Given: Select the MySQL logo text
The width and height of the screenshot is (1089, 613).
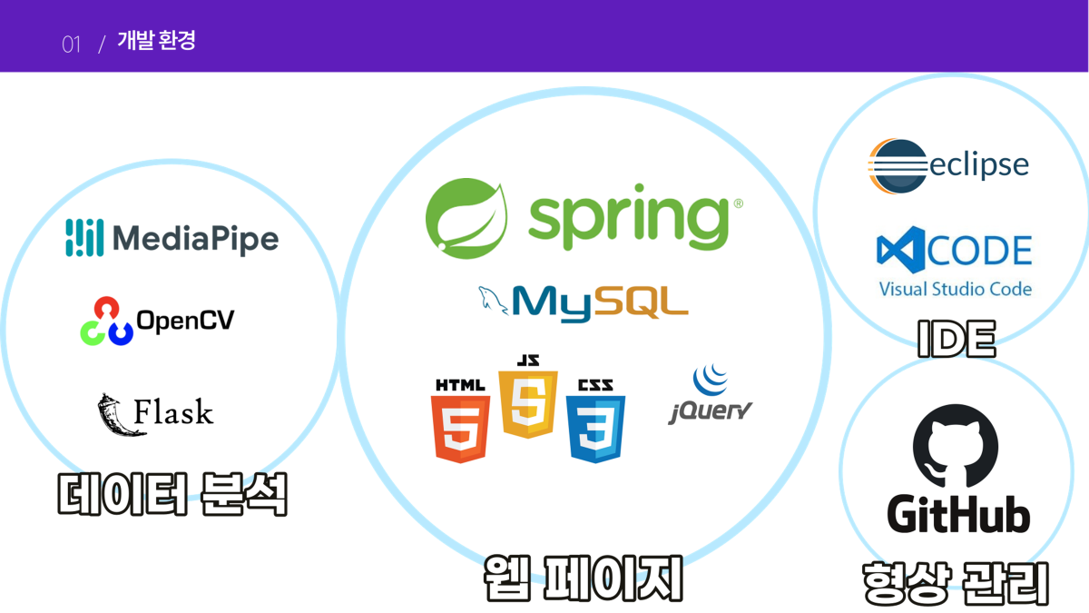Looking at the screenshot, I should [600, 302].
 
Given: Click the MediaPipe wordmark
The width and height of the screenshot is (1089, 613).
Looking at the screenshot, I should [195, 239].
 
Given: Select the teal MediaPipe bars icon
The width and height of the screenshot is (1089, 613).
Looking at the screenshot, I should [85, 237].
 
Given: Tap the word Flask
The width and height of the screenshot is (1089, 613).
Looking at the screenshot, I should [174, 413].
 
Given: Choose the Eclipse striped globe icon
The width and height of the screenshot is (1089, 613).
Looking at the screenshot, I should [898, 166].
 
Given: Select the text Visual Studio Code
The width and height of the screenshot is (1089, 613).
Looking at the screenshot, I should [955, 289].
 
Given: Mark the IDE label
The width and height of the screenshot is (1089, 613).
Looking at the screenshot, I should [956, 339].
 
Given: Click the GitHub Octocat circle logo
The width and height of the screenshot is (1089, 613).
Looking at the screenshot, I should [955, 448].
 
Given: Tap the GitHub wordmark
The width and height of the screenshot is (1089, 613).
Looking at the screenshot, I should [958, 515].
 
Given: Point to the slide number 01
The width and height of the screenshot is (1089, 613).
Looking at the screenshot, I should [72, 43].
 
